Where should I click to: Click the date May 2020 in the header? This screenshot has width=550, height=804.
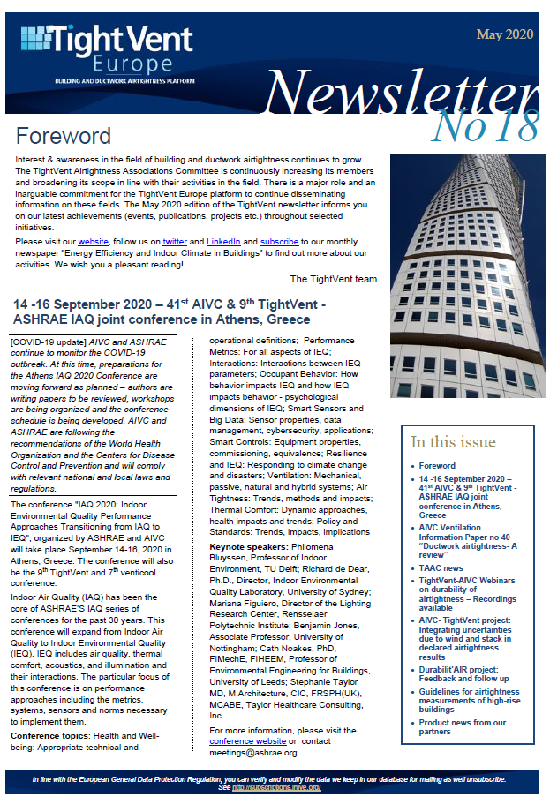504,34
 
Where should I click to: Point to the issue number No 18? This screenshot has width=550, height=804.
486,127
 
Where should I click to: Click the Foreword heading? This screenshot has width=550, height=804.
64,136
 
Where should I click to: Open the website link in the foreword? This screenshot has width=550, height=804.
93,241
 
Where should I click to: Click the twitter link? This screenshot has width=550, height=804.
174,241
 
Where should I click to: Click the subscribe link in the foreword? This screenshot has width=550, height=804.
279,241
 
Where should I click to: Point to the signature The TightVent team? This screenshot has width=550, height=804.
333,279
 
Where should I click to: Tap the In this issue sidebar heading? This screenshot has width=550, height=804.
453,442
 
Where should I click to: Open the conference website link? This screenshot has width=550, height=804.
247,741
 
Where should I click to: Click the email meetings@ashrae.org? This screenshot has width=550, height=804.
251,753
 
